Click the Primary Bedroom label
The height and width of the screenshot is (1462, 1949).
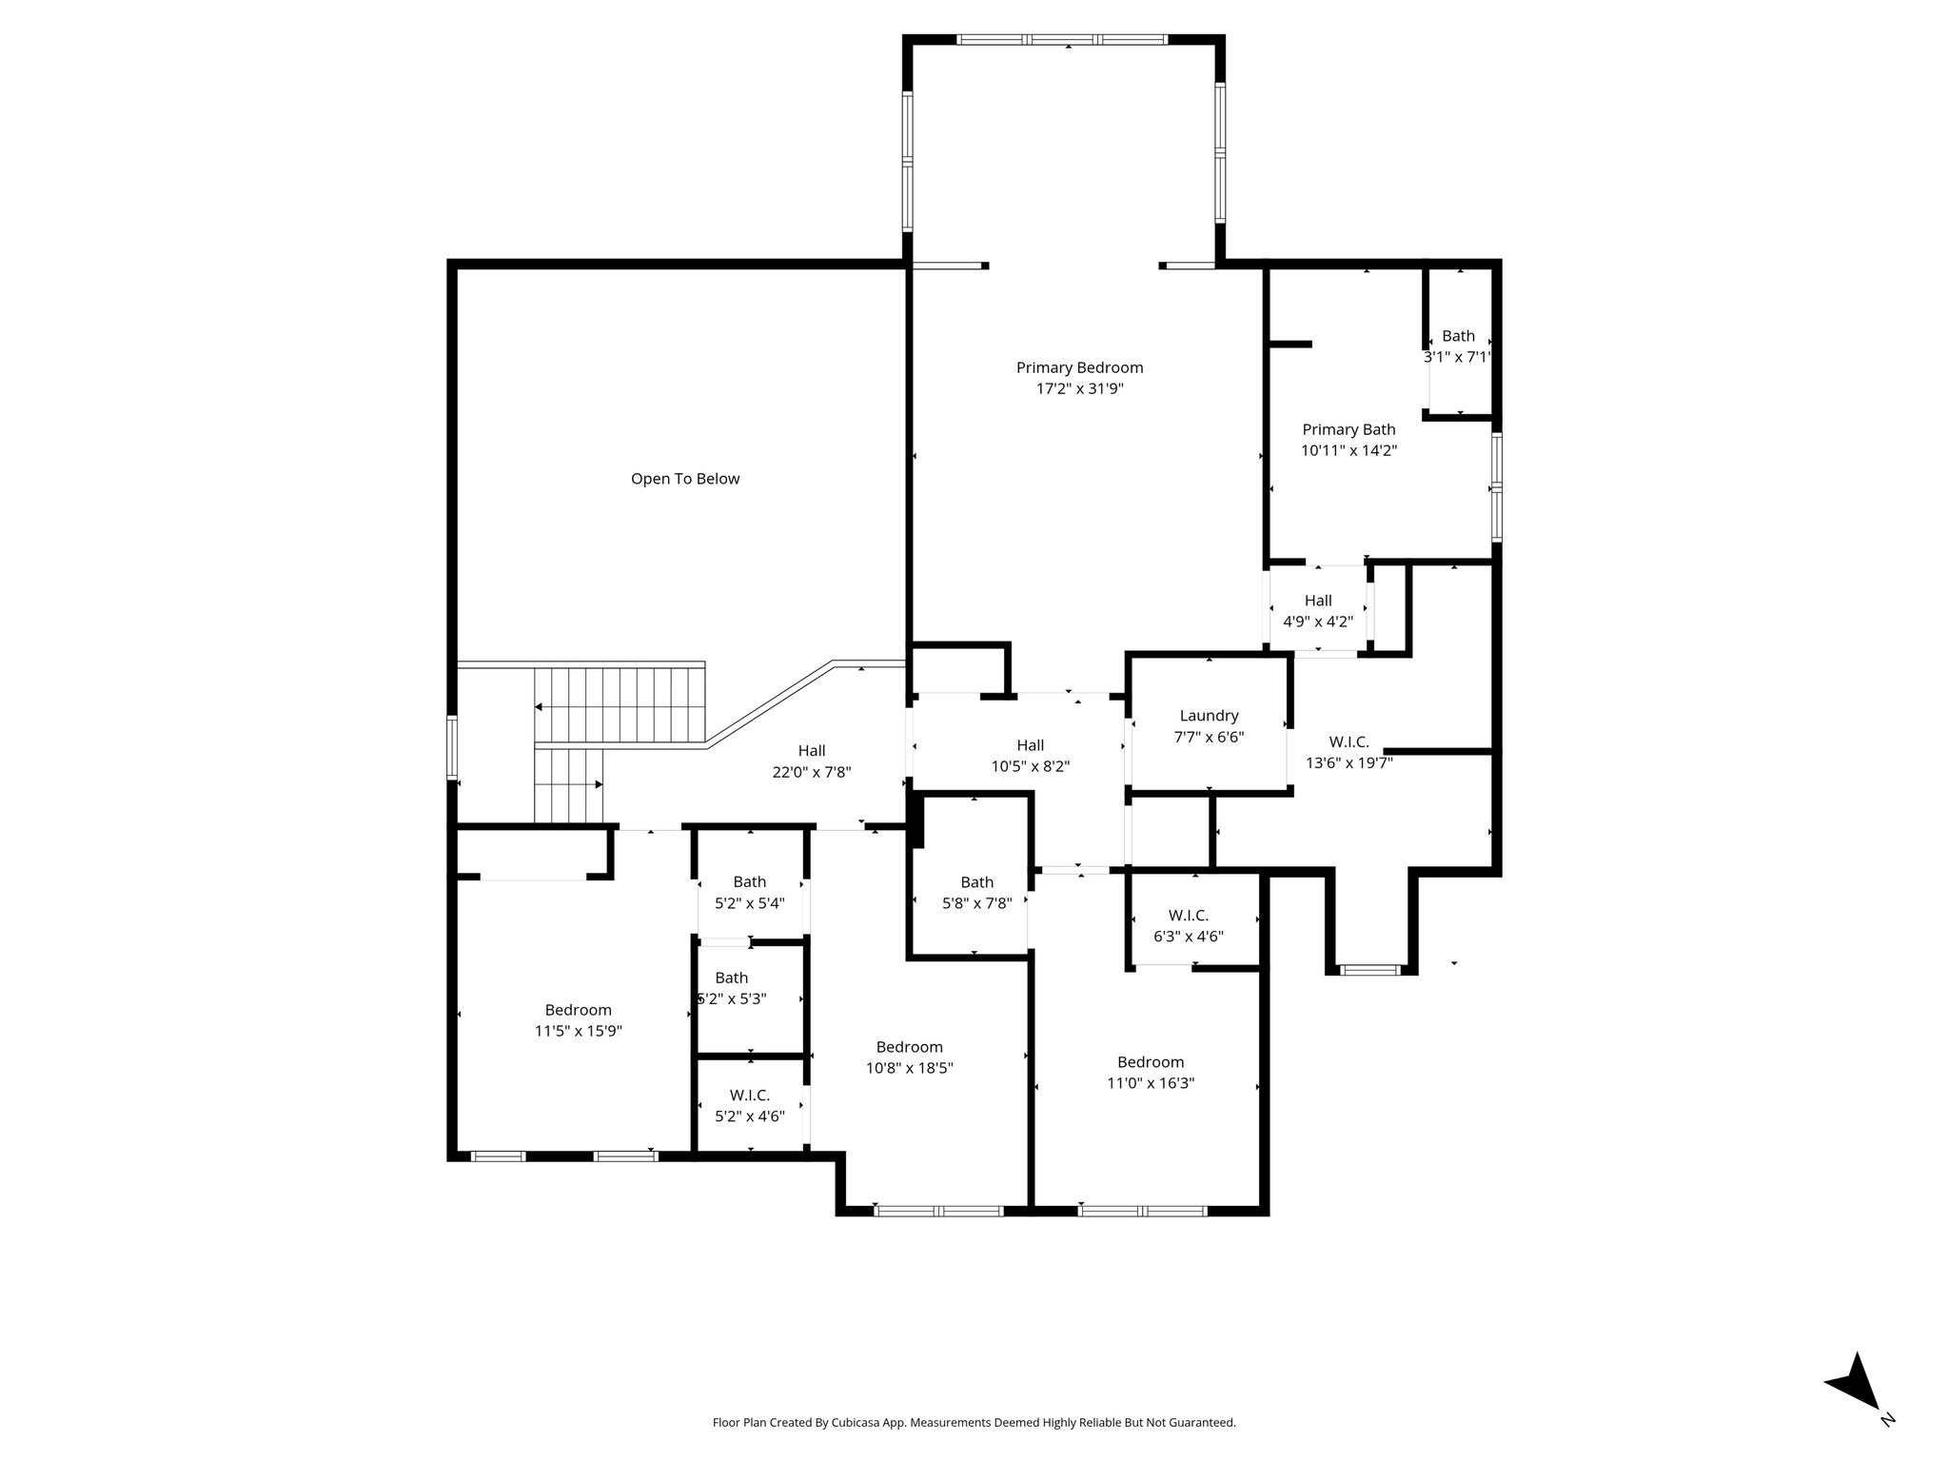coord(1079,367)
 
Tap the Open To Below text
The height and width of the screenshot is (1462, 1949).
coord(685,479)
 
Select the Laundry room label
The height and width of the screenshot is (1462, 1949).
coord(1209,716)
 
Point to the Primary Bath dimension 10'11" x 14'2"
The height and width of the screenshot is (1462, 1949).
coord(1349,450)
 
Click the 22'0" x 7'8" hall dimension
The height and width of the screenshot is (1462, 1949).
coord(812,772)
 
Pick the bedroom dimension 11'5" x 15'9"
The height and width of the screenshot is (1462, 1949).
coord(579,1031)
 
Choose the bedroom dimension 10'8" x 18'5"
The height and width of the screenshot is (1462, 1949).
coord(910,1068)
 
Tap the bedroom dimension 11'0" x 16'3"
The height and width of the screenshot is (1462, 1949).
coord(1151,1083)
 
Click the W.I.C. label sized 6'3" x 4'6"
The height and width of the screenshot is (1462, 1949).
coord(1189,916)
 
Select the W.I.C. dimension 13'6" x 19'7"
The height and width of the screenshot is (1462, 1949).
coord(1349,762)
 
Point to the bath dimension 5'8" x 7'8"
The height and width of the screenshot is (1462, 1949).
coord(976,903)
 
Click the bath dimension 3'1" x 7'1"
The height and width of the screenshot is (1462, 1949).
coord(1457,357)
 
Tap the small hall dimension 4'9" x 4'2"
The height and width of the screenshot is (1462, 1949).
coord(1318,622)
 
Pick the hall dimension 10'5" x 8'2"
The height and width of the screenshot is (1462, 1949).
coord(1031,766)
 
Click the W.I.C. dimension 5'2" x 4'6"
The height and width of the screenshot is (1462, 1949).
coord(750,1116)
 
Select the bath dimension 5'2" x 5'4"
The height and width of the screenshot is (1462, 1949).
coord(750,903)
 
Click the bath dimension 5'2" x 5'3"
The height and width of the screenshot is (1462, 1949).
coord(732,999)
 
